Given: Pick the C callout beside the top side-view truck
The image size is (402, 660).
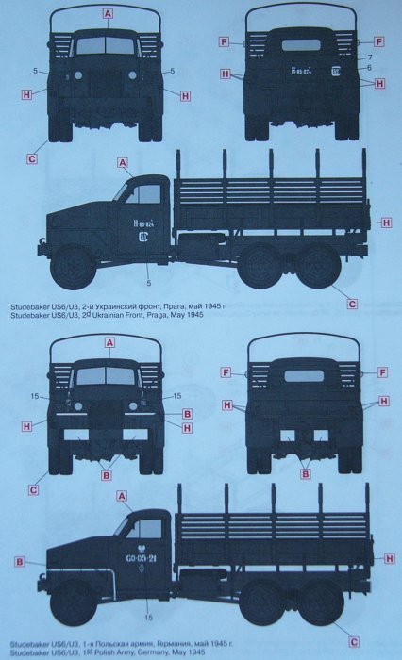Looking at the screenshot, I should coord(351,303).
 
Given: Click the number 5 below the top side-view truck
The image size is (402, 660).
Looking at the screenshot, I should coord(149,282).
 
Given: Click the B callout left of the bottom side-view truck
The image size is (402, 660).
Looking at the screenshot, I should coord(19,562).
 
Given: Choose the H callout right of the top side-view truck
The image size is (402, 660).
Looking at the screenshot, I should coord(386,223).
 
